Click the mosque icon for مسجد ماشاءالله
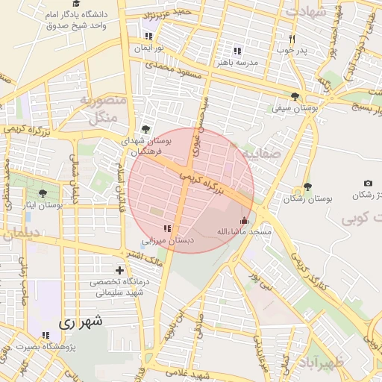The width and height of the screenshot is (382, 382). [x=244, y=220]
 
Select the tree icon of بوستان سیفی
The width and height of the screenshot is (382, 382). [x=295, y=96]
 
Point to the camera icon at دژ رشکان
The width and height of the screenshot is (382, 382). [x=368, y=183]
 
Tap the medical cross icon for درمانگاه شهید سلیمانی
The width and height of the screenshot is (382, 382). [x=119, y=270]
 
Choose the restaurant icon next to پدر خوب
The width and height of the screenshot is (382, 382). [x=292, y=39]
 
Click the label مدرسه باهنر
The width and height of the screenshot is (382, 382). [x=237, y=63]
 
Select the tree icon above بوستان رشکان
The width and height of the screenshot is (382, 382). [x=307, y=187]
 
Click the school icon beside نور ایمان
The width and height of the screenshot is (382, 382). [x=148, y=36]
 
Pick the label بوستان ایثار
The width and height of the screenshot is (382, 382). [x=42, y=204]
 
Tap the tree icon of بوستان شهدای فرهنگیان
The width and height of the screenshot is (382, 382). [x=145, y=129]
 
